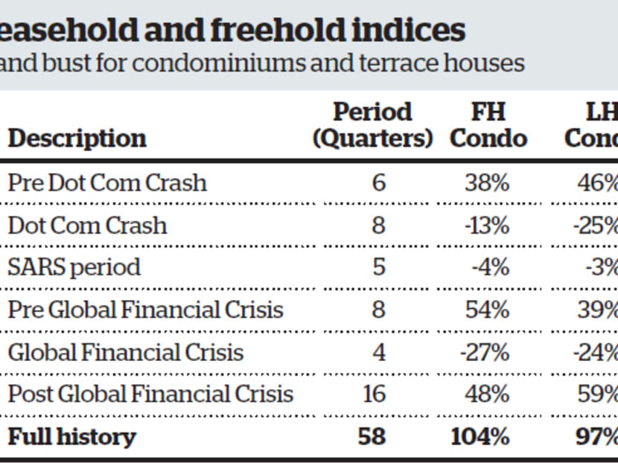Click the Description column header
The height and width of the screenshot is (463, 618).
tap(77, 138)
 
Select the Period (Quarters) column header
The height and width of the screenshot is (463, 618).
tap(372, 125)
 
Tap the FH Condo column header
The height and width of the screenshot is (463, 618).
tap(488, 125)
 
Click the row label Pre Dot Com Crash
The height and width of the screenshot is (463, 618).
tap(107, 183)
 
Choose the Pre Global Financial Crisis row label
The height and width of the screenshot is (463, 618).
tap(145, 309)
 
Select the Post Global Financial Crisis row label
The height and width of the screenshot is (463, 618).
tap(150, 394)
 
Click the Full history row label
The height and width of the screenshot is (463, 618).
tap(72, 436)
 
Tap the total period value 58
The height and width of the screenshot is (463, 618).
tap(372, 436)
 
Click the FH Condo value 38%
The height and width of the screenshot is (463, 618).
tap(487, 183)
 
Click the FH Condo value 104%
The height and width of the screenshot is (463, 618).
tap(480, 436)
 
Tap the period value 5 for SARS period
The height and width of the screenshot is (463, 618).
tap(378, 266)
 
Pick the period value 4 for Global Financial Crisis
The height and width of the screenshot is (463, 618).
tap(378, 351)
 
